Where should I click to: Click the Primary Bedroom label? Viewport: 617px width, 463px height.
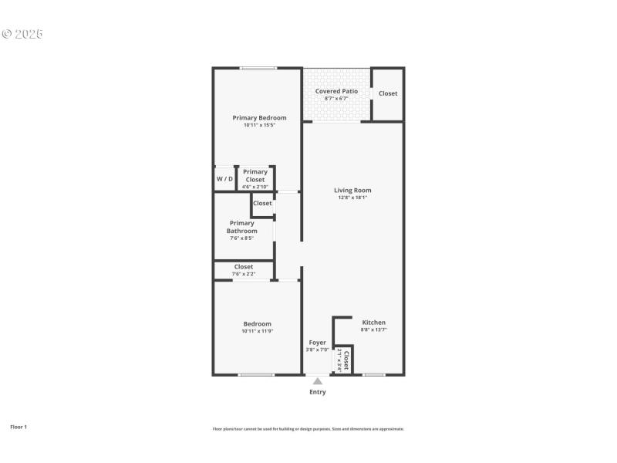point(259,118)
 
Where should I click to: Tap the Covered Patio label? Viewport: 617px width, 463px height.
point(336,91)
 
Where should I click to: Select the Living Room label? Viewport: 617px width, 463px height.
point(352,190)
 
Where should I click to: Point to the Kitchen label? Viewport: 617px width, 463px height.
point(373,323)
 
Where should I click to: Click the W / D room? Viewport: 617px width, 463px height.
point(224,179)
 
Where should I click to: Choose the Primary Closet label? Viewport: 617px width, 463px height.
point(255,176)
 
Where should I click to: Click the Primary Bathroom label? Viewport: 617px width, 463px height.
point(241,227)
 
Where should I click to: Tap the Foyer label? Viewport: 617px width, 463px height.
point(318,343)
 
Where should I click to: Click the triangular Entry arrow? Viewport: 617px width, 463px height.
point(317,380)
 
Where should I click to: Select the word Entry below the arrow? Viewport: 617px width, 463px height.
point(318,392)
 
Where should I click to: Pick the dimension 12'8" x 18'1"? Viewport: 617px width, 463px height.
point(352,198)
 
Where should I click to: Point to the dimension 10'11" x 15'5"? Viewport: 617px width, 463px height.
point(259,125)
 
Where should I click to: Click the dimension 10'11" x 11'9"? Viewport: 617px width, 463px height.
point(257,331)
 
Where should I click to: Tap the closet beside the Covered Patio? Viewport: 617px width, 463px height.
point(388,93)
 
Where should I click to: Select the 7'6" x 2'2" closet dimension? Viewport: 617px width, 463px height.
point(243,275)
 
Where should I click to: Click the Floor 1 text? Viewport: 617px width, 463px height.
point(19,427)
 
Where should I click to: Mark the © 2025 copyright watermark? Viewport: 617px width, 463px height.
point(22,34)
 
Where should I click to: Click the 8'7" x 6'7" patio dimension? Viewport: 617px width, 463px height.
point(336,99)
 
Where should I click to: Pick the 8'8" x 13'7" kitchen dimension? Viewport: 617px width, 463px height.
point(373,330)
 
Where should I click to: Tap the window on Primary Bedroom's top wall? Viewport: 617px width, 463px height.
point(258,69)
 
